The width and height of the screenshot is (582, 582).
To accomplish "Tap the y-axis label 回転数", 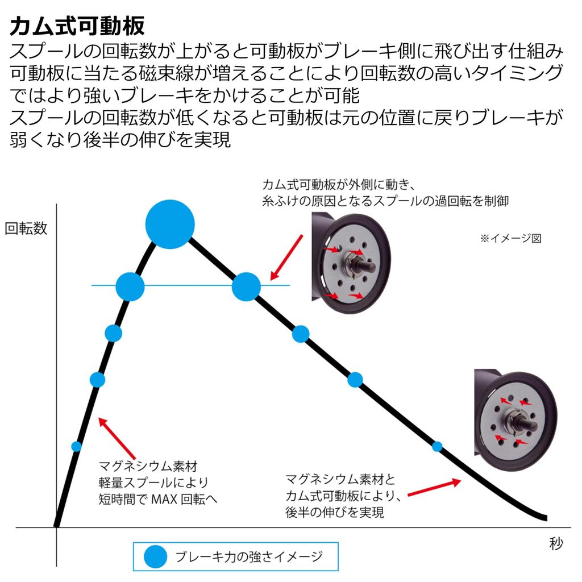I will (26, 228).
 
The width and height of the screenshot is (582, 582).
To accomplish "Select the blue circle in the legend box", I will (155, 556).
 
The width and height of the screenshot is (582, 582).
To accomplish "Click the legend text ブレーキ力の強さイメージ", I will (249, 556).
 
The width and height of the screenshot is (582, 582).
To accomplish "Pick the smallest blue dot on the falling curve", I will (437, 446).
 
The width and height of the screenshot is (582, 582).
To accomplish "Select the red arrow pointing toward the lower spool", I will (434, 487).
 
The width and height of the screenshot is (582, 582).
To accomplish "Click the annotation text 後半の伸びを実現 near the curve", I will (335, 512).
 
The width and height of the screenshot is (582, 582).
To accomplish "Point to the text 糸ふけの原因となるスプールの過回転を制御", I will (385, 200).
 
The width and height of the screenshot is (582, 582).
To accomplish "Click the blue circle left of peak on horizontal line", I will (130, 286).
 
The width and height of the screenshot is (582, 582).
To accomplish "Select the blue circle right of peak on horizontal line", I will (246, 286).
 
